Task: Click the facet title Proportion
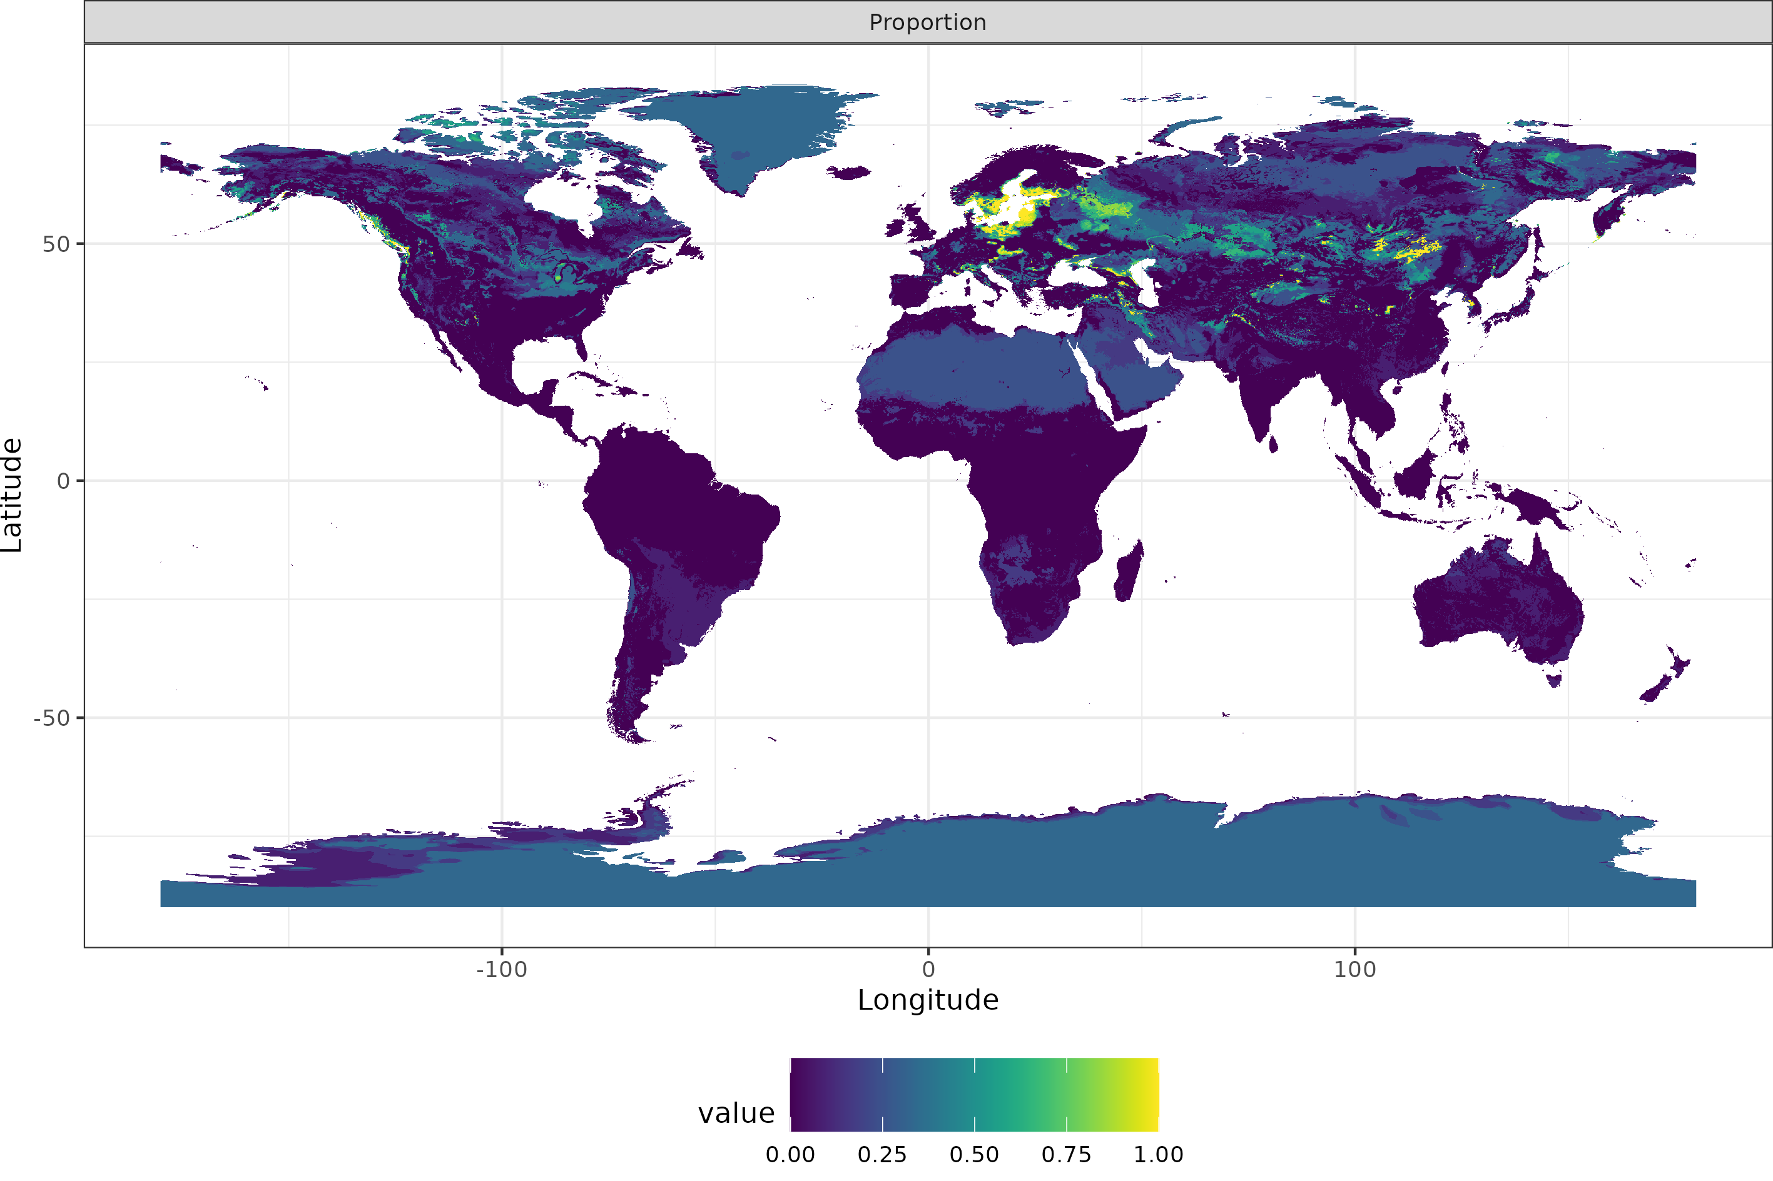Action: click(x=928, y=23)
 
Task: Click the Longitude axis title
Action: click(x=928, y=1000)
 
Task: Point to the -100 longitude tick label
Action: click(x=501, y=969)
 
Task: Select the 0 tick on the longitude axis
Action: click(x=928, y=969)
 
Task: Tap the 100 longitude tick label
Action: click(x=1355, y=969)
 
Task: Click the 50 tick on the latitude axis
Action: click(x=56, y=244)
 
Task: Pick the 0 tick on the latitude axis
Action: click(x=64, y=481)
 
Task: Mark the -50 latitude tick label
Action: click(x=51, y=718)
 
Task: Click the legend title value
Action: click(x=736, y=1113)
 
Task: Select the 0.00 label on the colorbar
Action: click(x=790, y=1155)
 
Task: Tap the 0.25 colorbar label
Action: click(x=881, y=1155)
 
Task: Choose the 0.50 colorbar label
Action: click(x=973, y=1155)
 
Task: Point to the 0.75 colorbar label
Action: click(x=1065, y=1155)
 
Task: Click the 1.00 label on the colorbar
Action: click(x=1158, y=1155)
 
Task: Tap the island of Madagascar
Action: click(x=1128, y=573)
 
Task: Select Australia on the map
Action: click(x=1496, y=603)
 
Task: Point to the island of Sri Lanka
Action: click(x=1273, y=445)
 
